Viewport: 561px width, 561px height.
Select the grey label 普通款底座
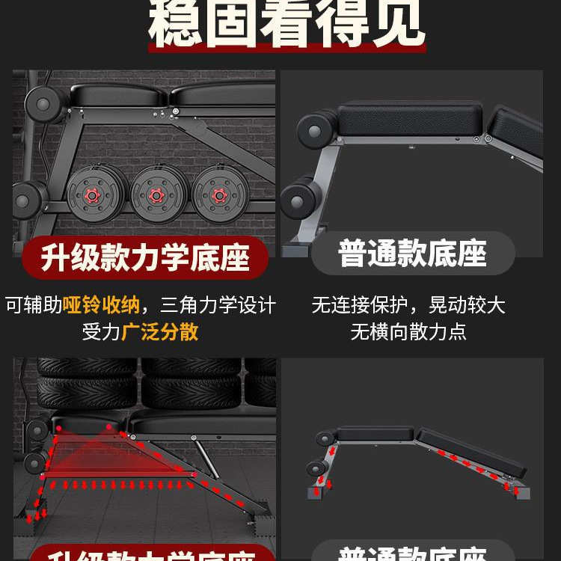click(412, 254)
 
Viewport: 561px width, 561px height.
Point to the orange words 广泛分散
click(160, 331)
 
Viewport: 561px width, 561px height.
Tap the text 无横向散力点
click(408, 331)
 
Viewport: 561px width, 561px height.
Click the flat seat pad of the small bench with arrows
click(374, 434)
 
